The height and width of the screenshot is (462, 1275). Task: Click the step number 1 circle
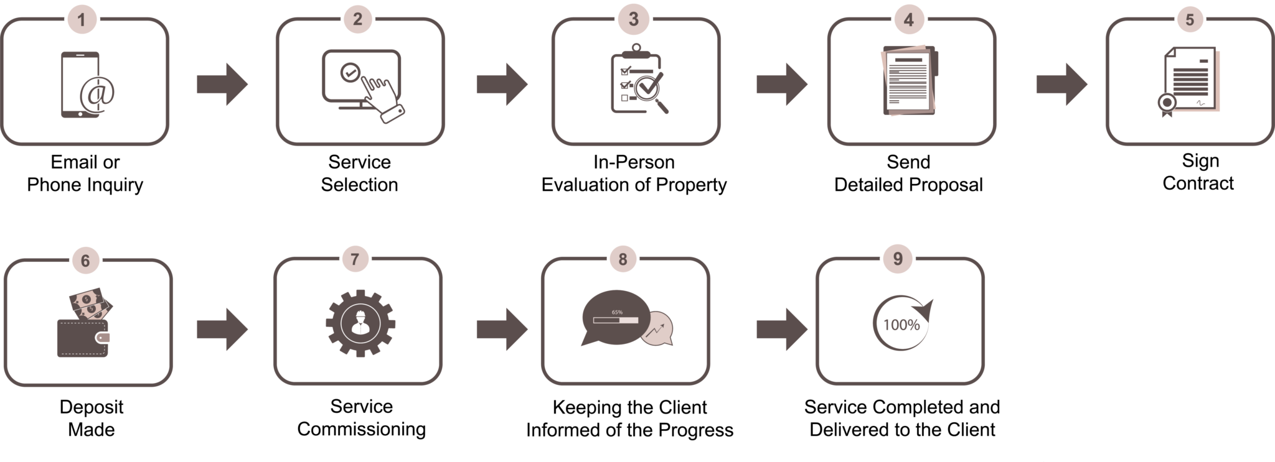coord(81,20)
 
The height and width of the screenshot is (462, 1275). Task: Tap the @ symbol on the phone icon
coord(98,93)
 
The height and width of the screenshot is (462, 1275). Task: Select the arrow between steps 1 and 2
coord(222,84)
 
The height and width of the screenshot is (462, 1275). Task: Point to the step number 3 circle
coord(634,19)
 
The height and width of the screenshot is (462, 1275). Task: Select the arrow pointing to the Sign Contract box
coord(1062,84)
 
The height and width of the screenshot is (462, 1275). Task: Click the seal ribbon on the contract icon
coord(1167,104)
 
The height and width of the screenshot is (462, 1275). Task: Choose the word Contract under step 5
coord(1198,183)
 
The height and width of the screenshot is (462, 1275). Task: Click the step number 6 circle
coord(85,261)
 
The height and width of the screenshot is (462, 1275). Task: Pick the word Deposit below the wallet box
coord(92,407)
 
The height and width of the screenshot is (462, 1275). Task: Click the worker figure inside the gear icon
coord(360,321)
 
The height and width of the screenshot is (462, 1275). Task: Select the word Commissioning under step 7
coord(362,430)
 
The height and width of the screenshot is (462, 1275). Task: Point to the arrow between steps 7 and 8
coord(502,330)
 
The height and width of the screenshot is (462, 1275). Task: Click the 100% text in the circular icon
coord(901,325)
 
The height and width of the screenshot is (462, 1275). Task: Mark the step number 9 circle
coord(898,259)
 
